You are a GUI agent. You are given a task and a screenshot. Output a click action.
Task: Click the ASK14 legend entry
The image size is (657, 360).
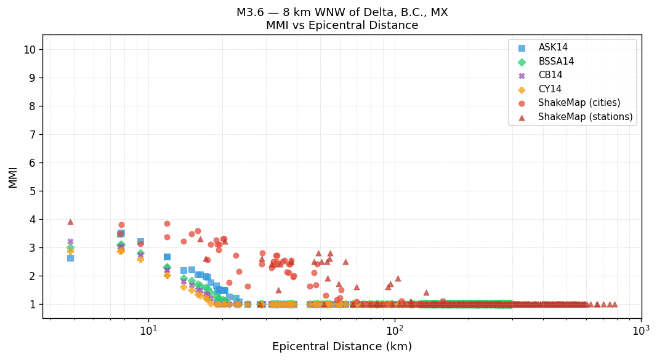pyautogui.click(x=553, y=48)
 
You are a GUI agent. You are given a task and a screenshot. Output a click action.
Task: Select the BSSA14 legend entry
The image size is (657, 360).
pyautogui.click(x=556, y=62)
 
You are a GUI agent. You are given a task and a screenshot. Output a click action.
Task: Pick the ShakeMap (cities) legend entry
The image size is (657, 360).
pyautogui.click(x=579, y=103)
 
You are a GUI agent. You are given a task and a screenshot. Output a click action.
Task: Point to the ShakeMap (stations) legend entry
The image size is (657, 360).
pyautogui.click(x=585, y=117)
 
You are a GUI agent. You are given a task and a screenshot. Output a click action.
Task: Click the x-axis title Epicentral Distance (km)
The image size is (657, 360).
pyautogui.click(x=342, y=346)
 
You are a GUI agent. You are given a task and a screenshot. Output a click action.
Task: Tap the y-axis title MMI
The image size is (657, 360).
pyautogui.click(x=13, y=177)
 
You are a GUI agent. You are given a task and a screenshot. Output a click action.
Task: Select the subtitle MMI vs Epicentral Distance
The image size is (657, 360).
pyautogui.click(x=342, y=26)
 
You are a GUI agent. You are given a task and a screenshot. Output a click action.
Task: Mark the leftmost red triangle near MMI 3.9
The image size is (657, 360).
pyautogui.click(x=70, y=222)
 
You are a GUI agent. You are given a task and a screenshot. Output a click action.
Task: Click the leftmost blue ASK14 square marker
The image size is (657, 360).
pyautogui.click(x=70, y=258)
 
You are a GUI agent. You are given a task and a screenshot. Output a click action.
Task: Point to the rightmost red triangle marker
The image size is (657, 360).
pyautogui.click(x=614, y=304)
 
